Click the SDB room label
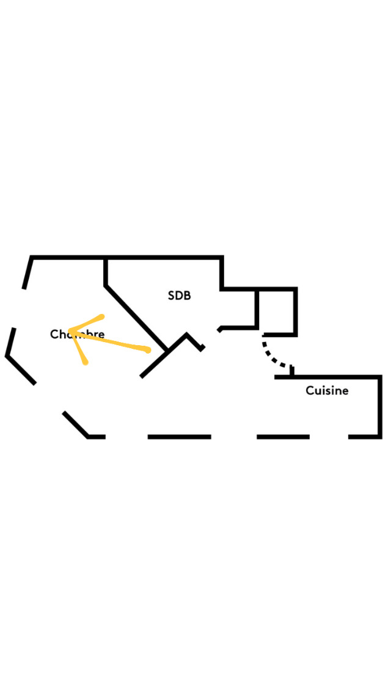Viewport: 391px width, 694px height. [x=179, y=296]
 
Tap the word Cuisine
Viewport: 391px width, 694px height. [x=327, y=390]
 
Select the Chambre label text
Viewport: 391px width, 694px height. [x=77, y=334]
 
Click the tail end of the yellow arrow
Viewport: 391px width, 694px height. [x=147, y=350]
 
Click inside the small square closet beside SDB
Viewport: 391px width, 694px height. [x=277, y=310]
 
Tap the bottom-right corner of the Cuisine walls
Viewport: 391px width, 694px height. [x=380, y=436]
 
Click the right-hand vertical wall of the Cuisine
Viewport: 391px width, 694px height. [x=380, y=406]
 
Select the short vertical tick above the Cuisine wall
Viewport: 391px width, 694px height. [x=292, y=370]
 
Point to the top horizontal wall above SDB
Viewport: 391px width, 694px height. [x=164, y=258]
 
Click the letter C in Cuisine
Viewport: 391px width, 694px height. [x=310, y=390]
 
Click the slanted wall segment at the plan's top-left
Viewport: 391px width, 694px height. [x=27, y=273]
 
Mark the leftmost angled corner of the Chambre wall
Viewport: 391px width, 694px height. [x=8, y=355]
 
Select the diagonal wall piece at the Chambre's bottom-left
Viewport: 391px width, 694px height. [x=76, y=425]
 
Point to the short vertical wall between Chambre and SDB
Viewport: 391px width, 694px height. [x=106, y=271]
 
